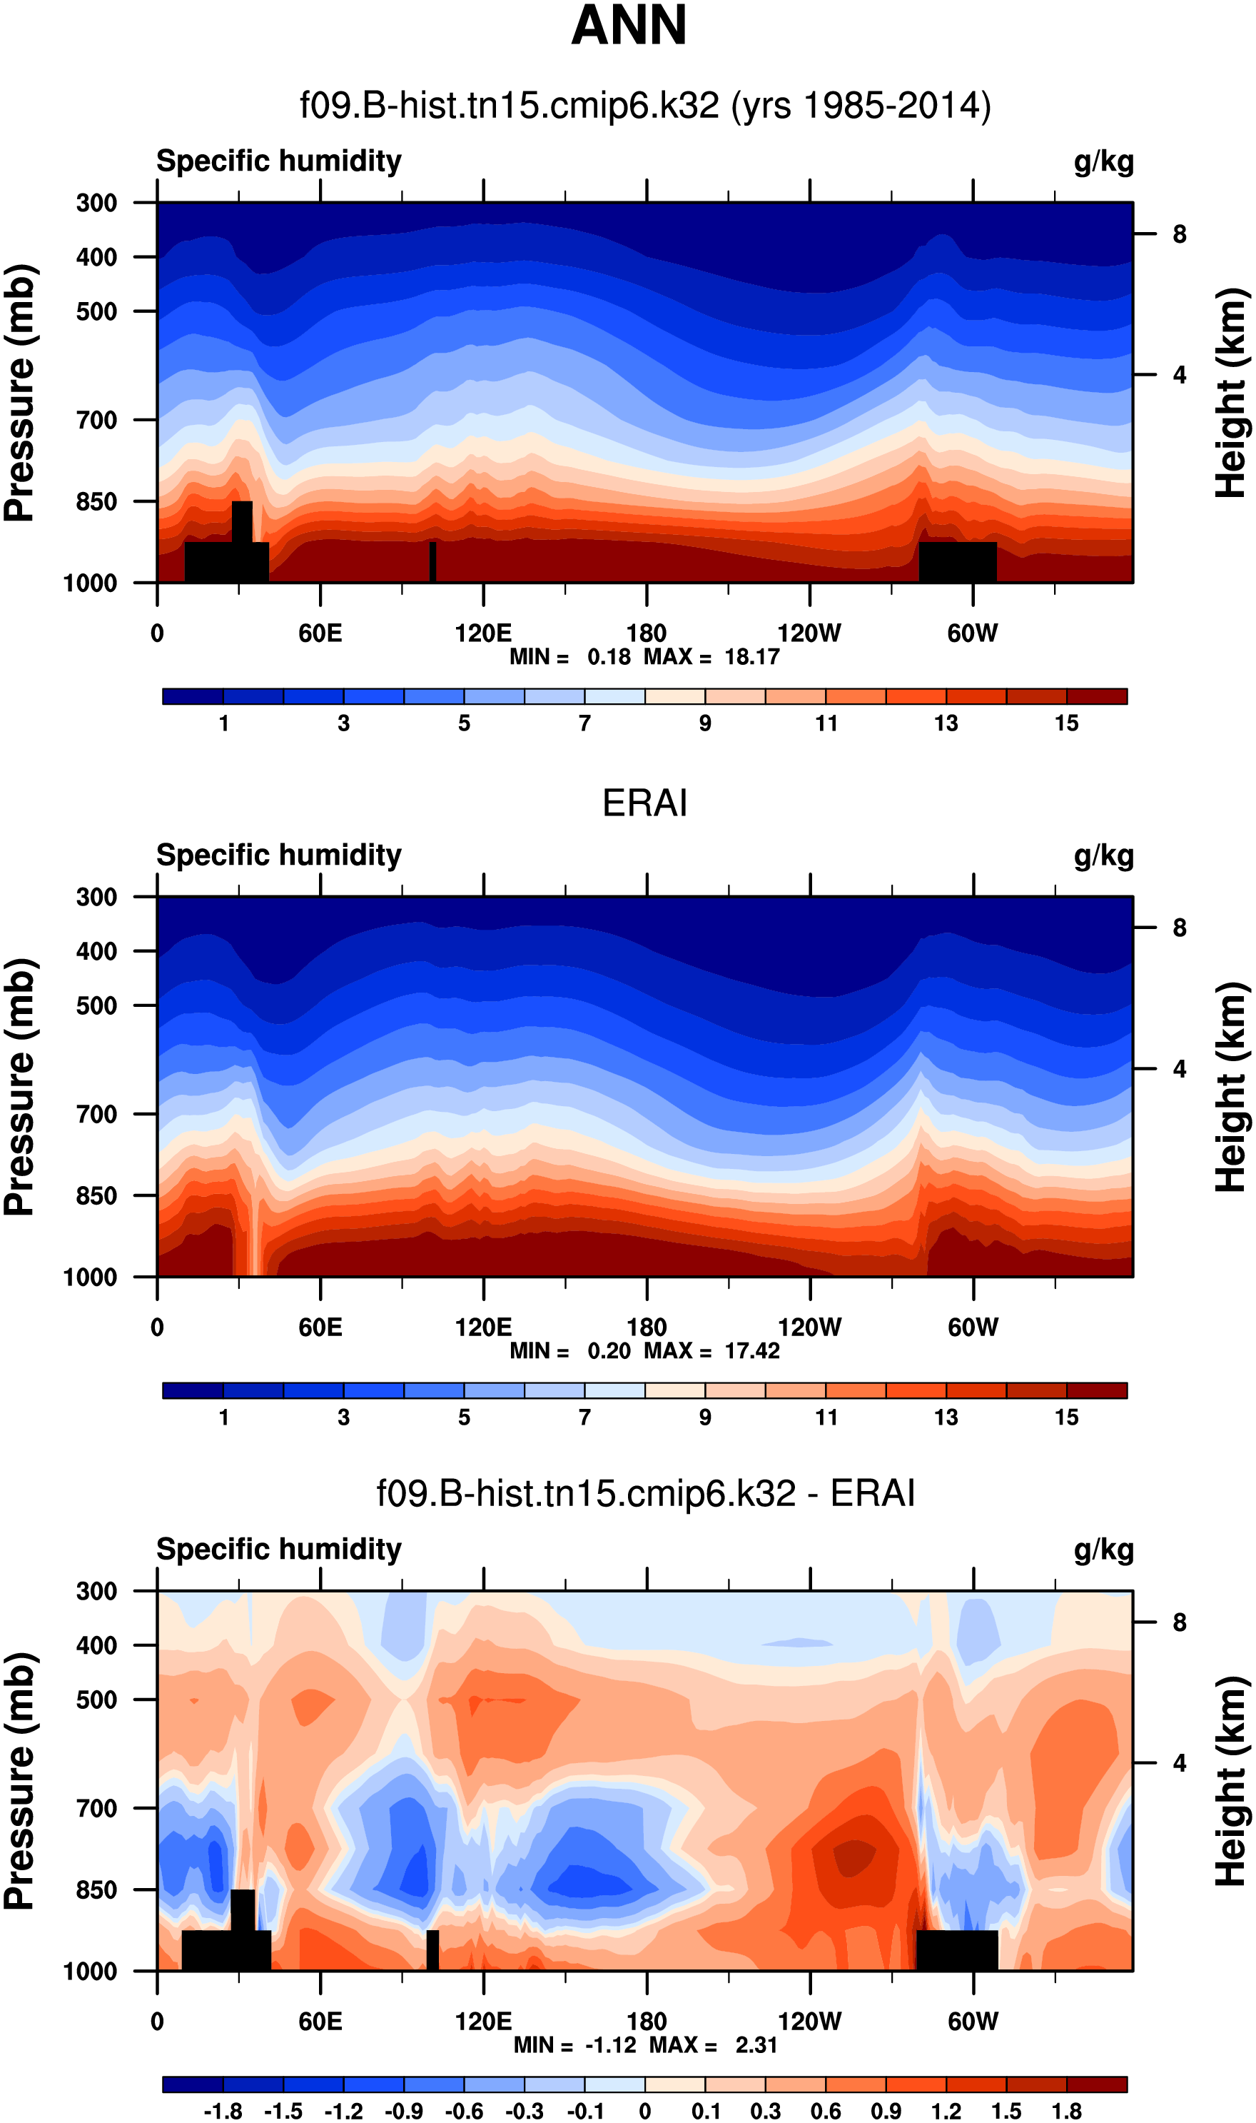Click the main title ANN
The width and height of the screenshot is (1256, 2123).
[x=628, y=26]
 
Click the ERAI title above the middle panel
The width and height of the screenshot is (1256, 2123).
[x=644, y=803]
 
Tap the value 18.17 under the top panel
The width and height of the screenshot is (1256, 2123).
[x=751, y=657]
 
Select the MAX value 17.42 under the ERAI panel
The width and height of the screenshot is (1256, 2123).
[x=751, y=1350]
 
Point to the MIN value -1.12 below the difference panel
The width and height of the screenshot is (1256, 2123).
[x=610, y=2045]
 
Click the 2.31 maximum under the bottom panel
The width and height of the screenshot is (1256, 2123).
[x=756, y=2045]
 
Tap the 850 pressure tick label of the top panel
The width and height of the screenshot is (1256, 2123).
[x=96, y=501]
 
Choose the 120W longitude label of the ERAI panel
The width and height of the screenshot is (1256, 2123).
[x=809, y=1327]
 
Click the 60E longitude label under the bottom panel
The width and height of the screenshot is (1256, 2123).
[x=320, y=2022]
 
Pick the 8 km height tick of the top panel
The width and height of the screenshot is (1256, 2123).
[x=1179, y=234]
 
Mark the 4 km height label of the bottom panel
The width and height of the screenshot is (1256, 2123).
[x=1179, y=1763]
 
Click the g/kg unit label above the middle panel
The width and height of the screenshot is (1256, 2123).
[x=1104, y=855]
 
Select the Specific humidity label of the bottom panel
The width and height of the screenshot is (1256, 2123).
[x=278, y=1549]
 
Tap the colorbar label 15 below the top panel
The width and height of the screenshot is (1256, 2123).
[x=1066, y=723]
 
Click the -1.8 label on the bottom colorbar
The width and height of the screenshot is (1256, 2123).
[x=223, y=2111]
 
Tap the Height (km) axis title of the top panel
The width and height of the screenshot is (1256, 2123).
[x=1232, y=392]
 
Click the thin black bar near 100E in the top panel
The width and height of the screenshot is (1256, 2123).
[x=432, y=561]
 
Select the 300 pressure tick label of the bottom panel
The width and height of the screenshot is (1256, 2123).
[x=96, y=1591]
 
